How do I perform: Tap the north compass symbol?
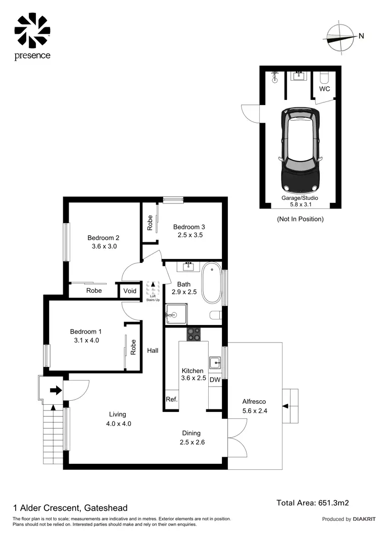(342, 36)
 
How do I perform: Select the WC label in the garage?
(325, 89)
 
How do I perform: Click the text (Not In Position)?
(300, 219)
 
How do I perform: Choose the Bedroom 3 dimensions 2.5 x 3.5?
(190, 235)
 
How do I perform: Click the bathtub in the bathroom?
(211, 283)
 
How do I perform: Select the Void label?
(129, 291)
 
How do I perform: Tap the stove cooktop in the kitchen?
(193, 334)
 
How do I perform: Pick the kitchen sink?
(216, 361)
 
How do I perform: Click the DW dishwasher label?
(215, 380)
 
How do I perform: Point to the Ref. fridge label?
(170, 399)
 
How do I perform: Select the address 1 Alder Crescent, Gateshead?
(70, 508)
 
